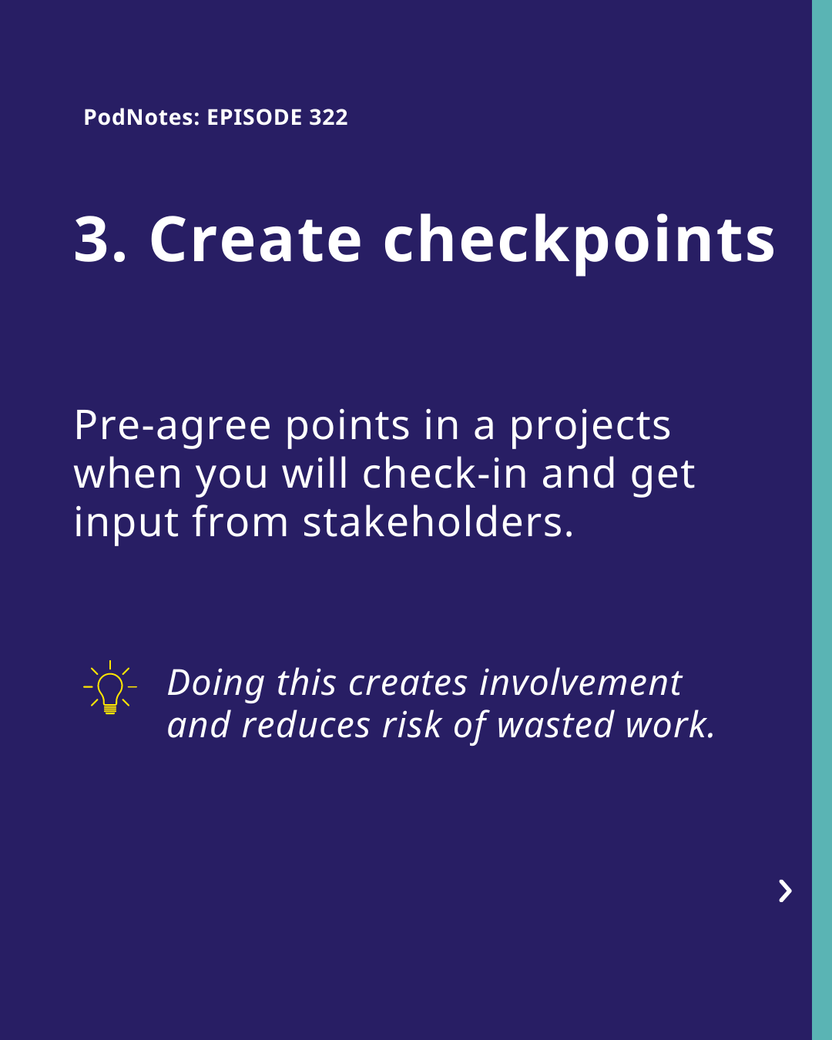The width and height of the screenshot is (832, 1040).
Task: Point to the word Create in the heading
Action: click(x=256, y=240)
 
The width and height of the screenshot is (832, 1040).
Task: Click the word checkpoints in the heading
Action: click(x=579, y=243)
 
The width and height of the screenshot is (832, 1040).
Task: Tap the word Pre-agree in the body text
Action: click(x=172, y=426)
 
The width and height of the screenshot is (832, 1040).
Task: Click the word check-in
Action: click(x=445, y=473)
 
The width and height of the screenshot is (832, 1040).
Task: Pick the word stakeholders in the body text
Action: click(x=438, y=522)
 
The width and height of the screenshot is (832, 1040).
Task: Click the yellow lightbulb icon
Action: click(x=110, y=687)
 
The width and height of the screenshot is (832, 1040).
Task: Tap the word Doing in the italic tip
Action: click(x=216, y=684)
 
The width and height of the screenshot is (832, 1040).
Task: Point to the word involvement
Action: click(x=581, y=683)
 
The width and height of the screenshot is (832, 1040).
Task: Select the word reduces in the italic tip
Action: click(x=306, y=726)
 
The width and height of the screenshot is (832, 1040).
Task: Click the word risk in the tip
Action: click(x=411, y=726)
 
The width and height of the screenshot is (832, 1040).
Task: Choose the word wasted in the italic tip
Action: click(x=555, y=726)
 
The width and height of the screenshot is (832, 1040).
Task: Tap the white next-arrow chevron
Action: click(x=785, y=891)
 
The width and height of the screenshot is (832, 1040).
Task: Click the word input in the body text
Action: click(x=126, y=524)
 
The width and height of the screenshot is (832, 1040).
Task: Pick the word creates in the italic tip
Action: click(x=408, y=683)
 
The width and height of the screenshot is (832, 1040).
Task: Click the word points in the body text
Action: click(x=347, y=426)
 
